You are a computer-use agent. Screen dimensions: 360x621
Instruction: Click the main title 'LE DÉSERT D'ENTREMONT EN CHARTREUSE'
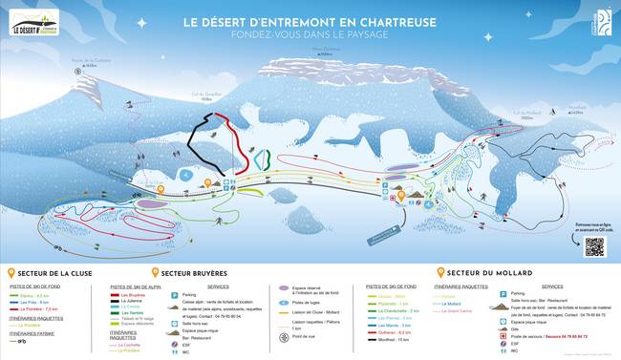pyautogui.click(x=310, y=22)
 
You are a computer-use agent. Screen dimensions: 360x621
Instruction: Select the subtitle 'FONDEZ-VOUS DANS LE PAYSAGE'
pyautogui.click(x=310, y=34)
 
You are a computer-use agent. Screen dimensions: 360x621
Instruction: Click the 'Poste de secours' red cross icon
pyautogui.click(x=503, y=337)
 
